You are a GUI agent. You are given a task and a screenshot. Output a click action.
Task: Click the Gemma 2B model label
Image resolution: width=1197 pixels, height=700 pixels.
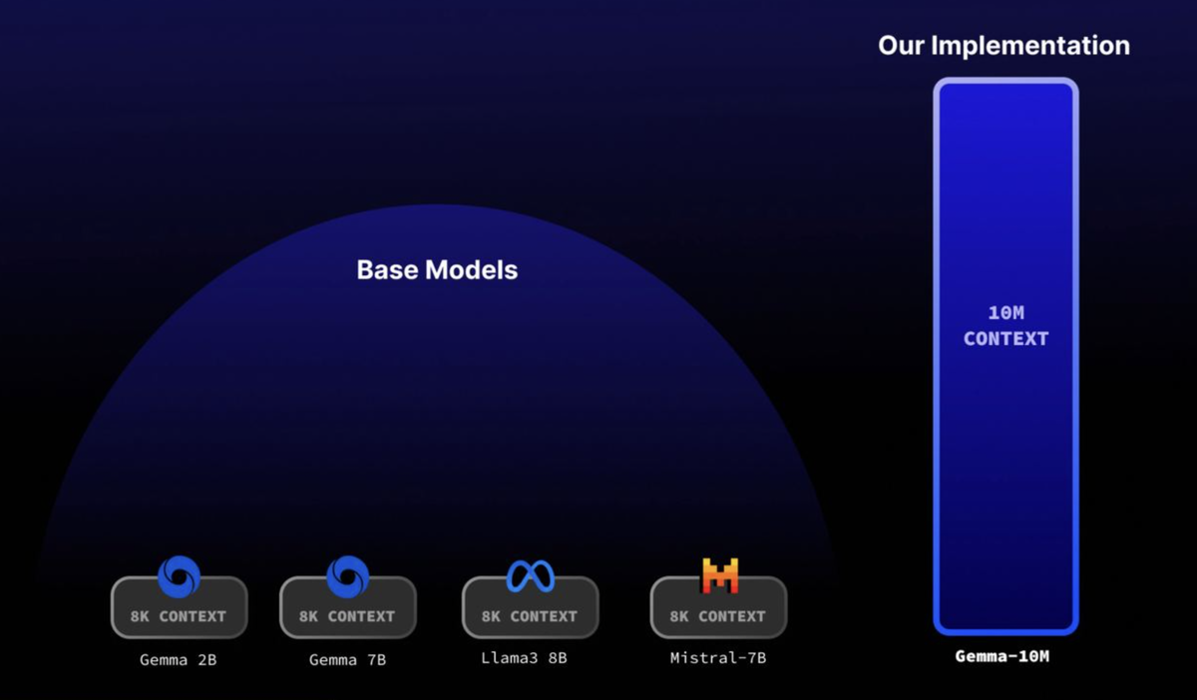178,660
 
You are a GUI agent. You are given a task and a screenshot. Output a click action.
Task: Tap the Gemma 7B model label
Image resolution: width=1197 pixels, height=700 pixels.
347,660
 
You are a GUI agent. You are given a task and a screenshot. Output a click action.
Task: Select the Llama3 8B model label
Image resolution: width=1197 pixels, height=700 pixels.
524,658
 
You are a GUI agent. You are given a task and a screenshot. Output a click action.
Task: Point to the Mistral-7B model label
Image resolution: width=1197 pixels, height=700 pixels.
718,658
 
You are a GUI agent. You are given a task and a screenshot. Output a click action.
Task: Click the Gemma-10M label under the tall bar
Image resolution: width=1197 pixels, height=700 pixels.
1001,656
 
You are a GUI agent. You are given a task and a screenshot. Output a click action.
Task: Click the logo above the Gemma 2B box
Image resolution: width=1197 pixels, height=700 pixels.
179,576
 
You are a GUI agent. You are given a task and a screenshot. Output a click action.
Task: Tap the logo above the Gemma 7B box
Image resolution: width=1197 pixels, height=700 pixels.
348,576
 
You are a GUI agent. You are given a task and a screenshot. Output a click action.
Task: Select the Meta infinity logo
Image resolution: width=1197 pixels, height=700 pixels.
531,576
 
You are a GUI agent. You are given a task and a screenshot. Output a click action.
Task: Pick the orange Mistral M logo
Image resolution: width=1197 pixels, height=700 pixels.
720,576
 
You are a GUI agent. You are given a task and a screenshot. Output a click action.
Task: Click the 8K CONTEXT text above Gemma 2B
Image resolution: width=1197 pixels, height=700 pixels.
179,616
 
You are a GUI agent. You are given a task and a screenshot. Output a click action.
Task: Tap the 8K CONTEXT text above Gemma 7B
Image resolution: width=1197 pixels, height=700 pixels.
347,616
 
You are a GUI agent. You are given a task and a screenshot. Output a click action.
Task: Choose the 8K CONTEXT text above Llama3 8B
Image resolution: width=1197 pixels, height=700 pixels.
530,616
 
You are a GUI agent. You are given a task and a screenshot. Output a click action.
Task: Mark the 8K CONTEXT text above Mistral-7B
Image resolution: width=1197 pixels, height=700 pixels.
718,616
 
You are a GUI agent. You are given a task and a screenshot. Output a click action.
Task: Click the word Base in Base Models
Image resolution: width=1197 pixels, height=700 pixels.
387,270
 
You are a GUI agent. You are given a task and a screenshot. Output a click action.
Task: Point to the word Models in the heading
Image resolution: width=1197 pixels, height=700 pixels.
471,270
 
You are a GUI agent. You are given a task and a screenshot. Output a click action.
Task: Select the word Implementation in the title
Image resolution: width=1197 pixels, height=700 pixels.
1030,47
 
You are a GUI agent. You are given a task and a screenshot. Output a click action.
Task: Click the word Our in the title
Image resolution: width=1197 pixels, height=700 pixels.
901,46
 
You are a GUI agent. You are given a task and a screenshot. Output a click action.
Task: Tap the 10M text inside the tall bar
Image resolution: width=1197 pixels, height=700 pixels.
1006,312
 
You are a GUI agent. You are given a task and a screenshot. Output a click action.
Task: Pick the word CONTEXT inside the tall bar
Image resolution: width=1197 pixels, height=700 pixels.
1006,339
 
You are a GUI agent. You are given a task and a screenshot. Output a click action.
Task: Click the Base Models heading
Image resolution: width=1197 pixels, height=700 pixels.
437,270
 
